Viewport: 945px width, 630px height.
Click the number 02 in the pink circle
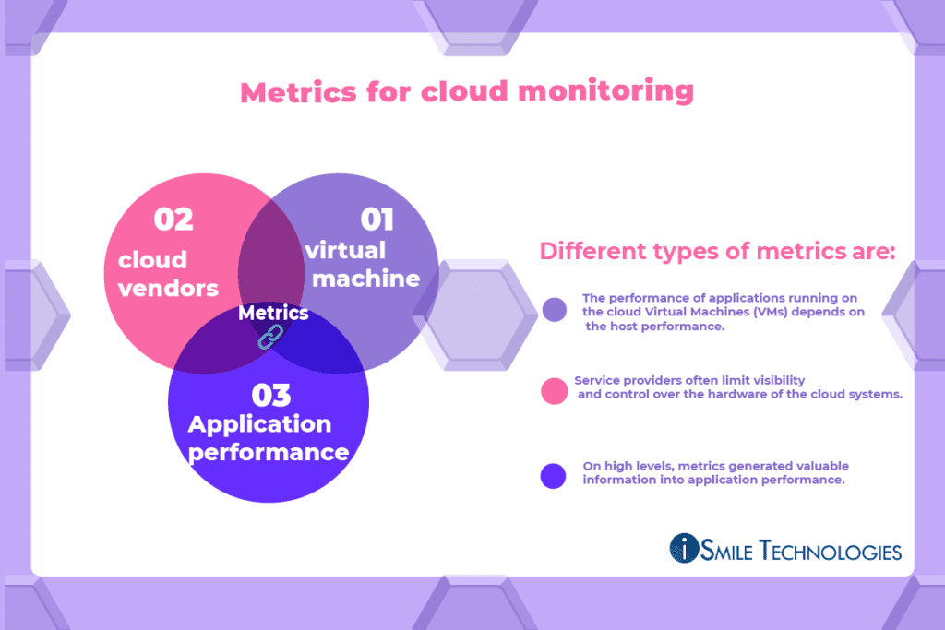pyautogui.click(x=173, y=220)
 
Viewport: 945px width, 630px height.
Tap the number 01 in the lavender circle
pyautogui.click(x=377, y=220)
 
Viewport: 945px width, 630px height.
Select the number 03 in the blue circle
pyautogui.click(x=271, y=395)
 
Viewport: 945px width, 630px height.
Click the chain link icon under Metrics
pyautogui.click(x=268, y=338)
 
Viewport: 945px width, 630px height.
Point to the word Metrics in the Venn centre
pyautogui.click(x=273, y=314)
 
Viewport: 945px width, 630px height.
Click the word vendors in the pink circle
pyautogui.click(x=168, y=288)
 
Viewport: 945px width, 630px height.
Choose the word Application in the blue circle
pyautogui.click(x=259, y=424)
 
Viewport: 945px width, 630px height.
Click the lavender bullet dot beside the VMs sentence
pyautogui.click(x=555, y=310)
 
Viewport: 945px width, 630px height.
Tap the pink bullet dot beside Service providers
pyautogui.click(x=555, y=391)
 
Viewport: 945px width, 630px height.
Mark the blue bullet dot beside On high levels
pyautogui.click(x=554, y=475)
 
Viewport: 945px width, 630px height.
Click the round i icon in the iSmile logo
pyautogui.click(x=685, y=548)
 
